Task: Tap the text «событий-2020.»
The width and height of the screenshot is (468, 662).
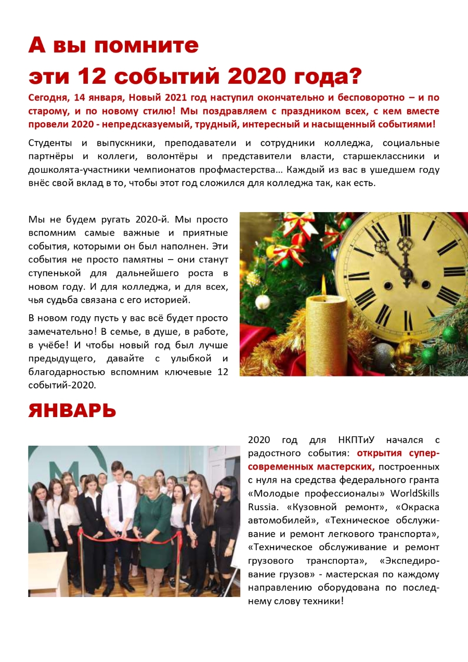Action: coord(62,385)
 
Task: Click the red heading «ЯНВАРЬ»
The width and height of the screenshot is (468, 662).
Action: coord(72,411)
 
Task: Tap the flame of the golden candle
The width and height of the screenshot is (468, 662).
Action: coord(323,285)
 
